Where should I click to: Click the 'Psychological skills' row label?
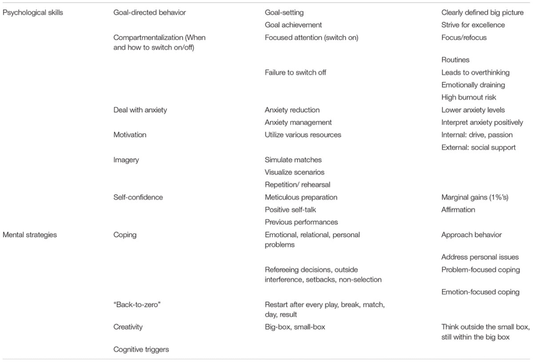pos(33,13)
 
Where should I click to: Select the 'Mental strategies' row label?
pos(30,235)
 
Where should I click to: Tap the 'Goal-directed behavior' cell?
pos(149,13)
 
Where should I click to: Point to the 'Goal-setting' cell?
pos(284,13)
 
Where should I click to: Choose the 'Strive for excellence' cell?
pos(473,25)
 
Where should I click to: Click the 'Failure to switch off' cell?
pos(296,72)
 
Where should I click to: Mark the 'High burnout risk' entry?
pos(469,97)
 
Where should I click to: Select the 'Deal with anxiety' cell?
pos(140,110)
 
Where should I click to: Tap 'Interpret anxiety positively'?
pos(483,122)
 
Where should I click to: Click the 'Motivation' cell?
pos(130,135)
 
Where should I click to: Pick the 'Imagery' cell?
pos(126,160)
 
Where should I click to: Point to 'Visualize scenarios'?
pos(295,172)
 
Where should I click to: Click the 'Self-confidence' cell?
pos(138,197)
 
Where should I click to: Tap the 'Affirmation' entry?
pos(458,210)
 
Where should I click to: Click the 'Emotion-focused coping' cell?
pos(480,292)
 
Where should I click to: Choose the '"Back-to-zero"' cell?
pos(137,304)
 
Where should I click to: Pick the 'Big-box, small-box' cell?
pos(295,327)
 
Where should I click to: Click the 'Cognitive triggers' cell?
pos(141,350)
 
